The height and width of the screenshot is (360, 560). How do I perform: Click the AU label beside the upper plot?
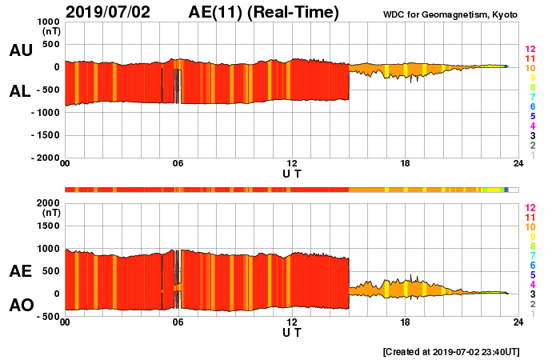coord(20,50)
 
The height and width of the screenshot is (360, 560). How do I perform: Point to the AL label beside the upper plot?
coord(20,91)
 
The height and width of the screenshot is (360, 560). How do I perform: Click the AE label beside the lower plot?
coord(20,271)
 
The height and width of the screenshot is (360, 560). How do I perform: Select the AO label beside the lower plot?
coord(20,305)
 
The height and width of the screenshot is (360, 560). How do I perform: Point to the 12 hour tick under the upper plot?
coord(292,164)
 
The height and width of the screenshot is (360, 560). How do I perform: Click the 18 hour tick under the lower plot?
coord(406,322)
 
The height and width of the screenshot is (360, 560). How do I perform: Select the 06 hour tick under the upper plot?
coord(178,164)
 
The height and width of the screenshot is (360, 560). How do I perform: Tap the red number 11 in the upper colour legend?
coord(530,58)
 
